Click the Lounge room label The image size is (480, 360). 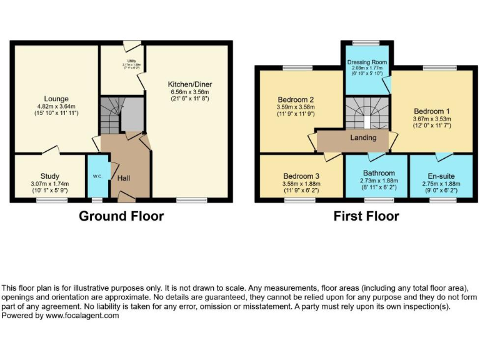click(x=56, y=99)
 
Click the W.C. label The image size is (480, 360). click(x=97, y=176)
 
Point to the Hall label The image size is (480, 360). click(x=124, y=178)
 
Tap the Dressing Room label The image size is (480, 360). click(x=367, y=62)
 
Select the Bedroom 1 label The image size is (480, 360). click(x=431, y=111)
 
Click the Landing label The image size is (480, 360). click(x=363, y=137)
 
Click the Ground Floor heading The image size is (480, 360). click(x=121, y=217)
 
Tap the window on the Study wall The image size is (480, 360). click(x=47, y=200)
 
